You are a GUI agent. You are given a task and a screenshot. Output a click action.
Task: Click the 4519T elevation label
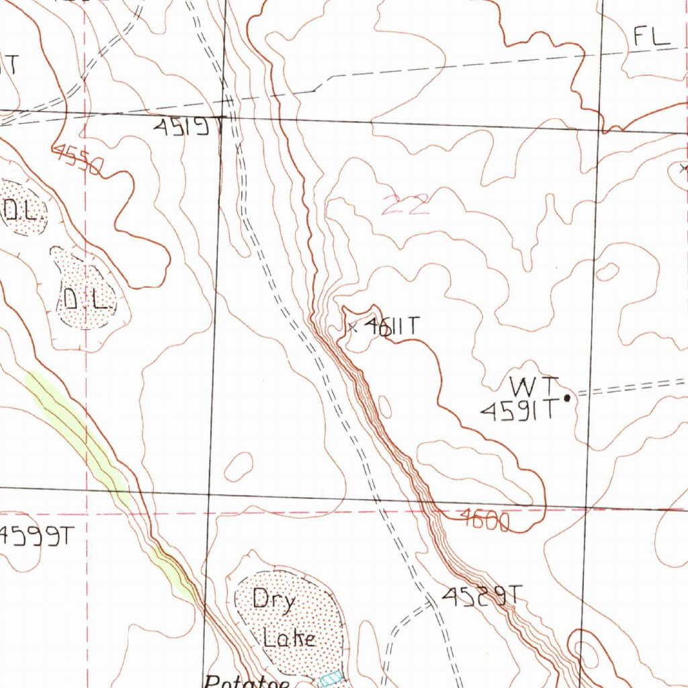[187, 126]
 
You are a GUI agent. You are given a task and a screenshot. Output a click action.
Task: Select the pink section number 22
[406, 204]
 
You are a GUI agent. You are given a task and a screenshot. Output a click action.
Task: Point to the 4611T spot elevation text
[392, 327]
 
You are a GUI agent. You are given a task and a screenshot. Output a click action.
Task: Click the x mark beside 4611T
[352, 327]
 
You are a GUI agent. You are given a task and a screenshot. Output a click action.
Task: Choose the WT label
[534, 387]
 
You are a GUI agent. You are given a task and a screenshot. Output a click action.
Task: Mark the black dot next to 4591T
[567, 398]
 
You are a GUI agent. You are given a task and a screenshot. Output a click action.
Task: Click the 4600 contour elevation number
[484, 521]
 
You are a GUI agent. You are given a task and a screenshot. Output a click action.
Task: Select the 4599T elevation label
[37, 536]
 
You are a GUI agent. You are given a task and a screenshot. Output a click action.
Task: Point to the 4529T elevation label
[482, 595]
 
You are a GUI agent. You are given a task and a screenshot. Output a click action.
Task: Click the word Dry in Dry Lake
[273, 599]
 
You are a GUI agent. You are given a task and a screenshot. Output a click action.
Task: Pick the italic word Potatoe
[247, 681]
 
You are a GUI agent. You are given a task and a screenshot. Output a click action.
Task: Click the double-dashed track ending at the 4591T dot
[632, 388]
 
